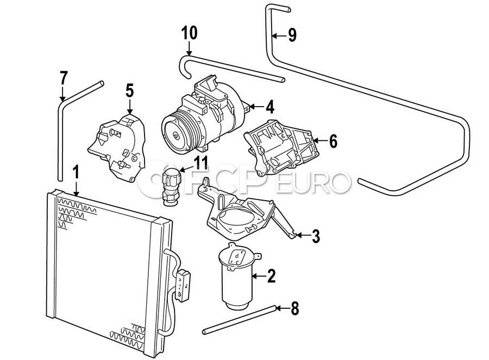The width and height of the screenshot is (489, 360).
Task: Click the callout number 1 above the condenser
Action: pyautogui.click(x=76, y=172)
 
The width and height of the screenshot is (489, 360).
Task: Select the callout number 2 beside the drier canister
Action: pyautogui.click(x=271, y=276)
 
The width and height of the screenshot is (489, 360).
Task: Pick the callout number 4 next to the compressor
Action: pyautogui.click(x=269, y=107)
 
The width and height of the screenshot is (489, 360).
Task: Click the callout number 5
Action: pyautogui.click(x=130, y=91)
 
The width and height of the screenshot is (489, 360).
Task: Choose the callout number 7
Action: pyautogui.click(x=64, y=78)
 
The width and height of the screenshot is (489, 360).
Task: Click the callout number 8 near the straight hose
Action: pyautogui.click(x=294, y=308)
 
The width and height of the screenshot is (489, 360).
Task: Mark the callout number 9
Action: pyautogui.click(x=292, y=35)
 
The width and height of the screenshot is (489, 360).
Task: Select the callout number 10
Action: pyautogui.click(x=189, y=33)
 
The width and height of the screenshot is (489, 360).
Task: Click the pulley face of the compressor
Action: pyautogui.click(x=176, y=135)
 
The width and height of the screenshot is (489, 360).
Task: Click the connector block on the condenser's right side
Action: pyautogui.click(x=183, y=285)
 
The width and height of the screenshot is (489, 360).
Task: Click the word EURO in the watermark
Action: pyautogui.click(x=314, y=182)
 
